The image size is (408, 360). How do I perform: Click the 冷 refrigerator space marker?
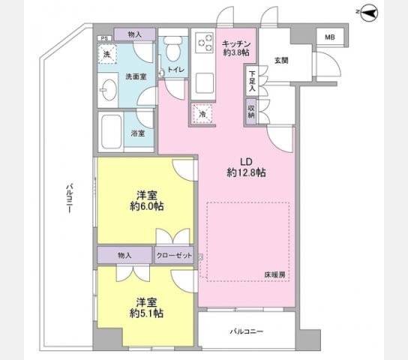click(202, 114)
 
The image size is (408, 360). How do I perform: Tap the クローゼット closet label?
click(174, 256)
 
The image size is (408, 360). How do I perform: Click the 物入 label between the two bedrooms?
click(124, 256)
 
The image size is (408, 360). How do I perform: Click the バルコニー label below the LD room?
click(246, 330)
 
